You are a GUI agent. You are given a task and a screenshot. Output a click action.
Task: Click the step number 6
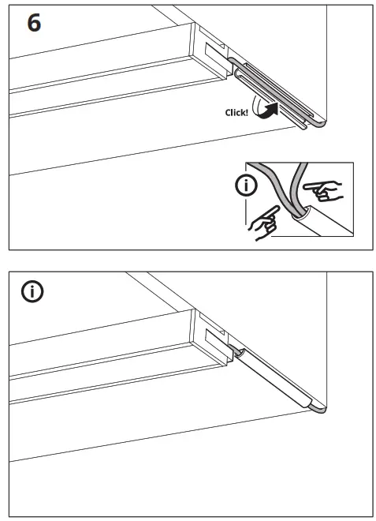(x=34, y=23)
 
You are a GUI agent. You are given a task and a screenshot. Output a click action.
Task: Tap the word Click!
(x=237, y=113)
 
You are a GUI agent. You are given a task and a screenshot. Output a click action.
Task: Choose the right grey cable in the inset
(x=296, y=189)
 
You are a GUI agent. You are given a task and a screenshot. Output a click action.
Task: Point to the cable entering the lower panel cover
(x=236, y=351)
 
